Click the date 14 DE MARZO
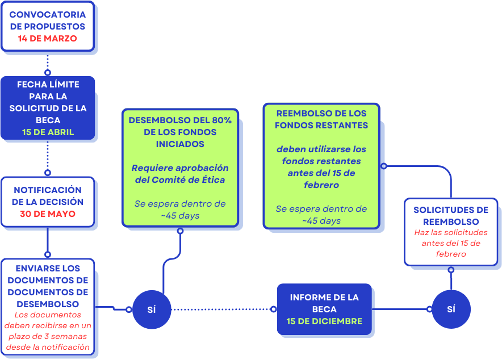click(48, 39)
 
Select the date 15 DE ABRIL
click(48, 133)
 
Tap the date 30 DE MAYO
click(48, 214)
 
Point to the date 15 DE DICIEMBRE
click(324, 321)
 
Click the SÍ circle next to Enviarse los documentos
click(152, 309)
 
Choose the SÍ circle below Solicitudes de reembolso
click(451, 309)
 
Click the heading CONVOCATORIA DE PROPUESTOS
click(48, 20)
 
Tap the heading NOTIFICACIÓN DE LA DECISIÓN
click(48, 196)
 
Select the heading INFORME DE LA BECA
click(324, 303)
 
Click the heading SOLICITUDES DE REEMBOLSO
click(451, 216)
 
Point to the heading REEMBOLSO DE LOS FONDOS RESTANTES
click(321, 119)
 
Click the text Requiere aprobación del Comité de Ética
click(180, 174)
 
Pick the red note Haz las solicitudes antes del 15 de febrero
click(451, 243)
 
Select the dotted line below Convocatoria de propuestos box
click(48, 61)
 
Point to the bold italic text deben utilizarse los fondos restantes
click(321, 167)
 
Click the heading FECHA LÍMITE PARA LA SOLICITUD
click(48, 102)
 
